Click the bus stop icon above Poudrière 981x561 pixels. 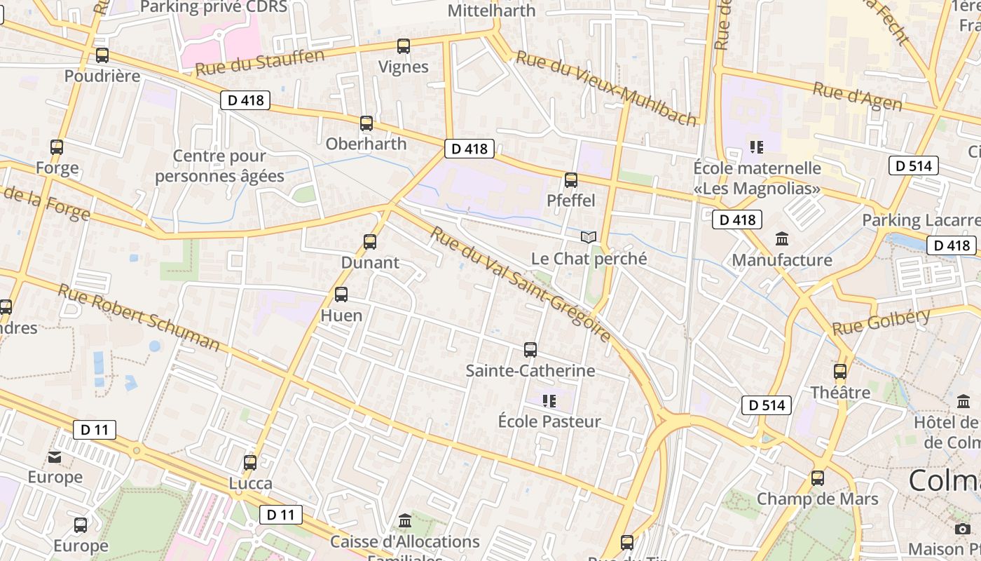pos(102,55)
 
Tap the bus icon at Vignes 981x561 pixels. pos(404,46)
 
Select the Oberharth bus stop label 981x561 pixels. pos(366,144)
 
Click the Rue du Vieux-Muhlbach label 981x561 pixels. pos(606,88)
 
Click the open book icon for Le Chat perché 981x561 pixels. pos(589,238)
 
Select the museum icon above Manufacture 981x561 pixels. pos(782,239)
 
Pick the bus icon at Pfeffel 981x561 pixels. pos(571,180)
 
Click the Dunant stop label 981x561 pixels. pos(370,263)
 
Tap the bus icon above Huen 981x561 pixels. pos(341,295)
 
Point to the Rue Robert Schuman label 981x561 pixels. pos(139,317)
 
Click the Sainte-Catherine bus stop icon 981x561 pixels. pos(530,349)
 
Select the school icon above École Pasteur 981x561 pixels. pos(549,401)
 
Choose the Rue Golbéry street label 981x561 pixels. pos(881,322)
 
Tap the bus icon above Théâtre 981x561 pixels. pos(840,372)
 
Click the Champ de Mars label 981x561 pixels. pos(817,499)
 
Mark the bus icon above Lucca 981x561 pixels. pos(250,463)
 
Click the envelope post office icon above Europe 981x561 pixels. pos(55,458)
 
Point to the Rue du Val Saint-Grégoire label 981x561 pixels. pos(521,284)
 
